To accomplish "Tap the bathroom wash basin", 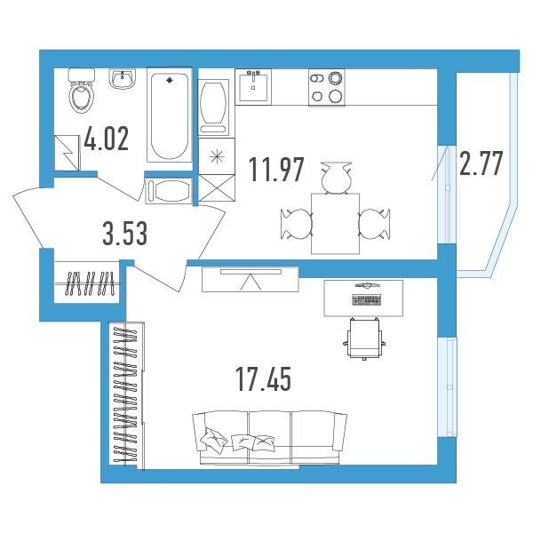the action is [x=123, y=78].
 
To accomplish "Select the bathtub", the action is [x=170, y=115].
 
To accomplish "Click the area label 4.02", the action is [x=107, y=139].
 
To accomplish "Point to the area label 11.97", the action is [x=276, y=170].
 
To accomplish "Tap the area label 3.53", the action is [x=125, y=233].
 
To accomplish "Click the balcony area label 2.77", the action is [x=481, y=163].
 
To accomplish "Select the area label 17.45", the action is [x=264, y=379].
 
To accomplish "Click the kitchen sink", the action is [x=253, y=87].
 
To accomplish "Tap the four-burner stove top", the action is [x=327, y=88].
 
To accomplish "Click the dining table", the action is [x=336, y=224].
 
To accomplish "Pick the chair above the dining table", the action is [x=336, y=179].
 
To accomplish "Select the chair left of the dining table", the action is [x=297, y=224].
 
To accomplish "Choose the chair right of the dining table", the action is [x=375, y=224].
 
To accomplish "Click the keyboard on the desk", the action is [x=367, y=300].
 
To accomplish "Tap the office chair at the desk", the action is [x=364, y=338].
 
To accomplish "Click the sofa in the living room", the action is [x=269, y=437].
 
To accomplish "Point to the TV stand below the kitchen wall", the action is [x=251, y=280].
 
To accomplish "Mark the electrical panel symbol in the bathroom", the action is [x=67, y=153].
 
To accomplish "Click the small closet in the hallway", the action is [x=87, y=282].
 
